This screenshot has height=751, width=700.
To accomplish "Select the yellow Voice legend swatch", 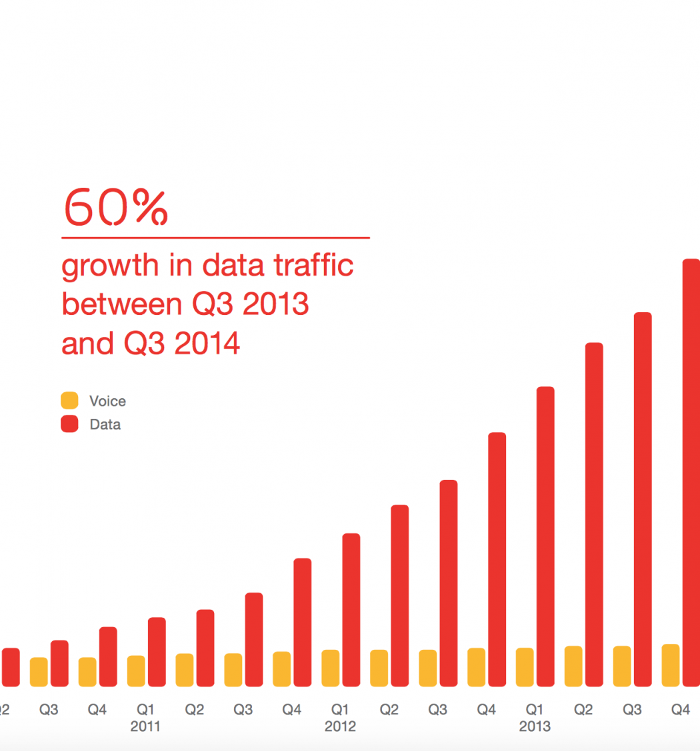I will pyautogui.click(x=69, y=401).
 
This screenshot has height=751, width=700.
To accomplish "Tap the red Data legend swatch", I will pyautogui.click(x=69, y=424).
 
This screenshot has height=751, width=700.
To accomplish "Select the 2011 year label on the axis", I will pyautogui.click(x=145, y=726).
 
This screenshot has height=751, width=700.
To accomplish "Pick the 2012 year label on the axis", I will pyautogui.click(x=340, y=726).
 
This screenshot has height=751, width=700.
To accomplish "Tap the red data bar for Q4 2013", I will pyautogui.click(x=691, y=473).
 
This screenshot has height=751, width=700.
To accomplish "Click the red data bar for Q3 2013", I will pyautogui.click(x=643, y=499).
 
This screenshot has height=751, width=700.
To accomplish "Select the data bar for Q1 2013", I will pyautogui.click(x=545, y=536).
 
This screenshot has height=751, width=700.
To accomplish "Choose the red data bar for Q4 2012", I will pyautogui.click(x=497, y=559).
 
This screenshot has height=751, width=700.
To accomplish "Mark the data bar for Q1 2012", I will pyautogui.click(x=351, y=609).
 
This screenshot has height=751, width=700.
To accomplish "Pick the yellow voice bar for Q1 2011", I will pyautogui.click(x=136, y=670).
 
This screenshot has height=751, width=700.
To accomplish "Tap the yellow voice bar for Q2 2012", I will pyautogui.click(x=379, y=668).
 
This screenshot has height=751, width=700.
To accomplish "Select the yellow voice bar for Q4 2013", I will pyautogui.click(x=671, y=665).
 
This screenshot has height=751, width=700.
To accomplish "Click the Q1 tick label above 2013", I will pyautogui.click(x=535, y=710).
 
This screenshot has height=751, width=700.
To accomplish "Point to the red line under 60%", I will pyautogui.click(x=215, y=237).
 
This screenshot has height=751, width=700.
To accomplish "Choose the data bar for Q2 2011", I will pyautogui.click(x=205, y=648).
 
